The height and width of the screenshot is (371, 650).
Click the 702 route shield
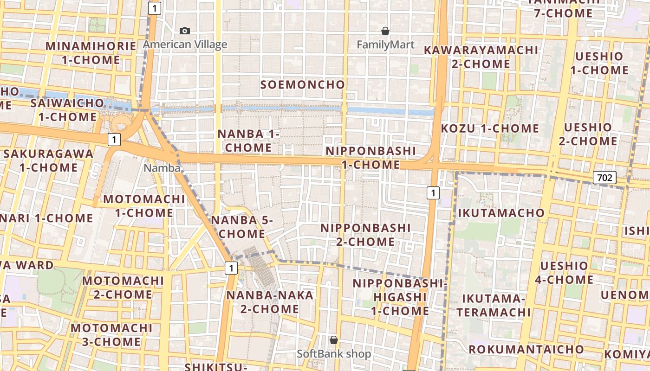(x=604, y=177)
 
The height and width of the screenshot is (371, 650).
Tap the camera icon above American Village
(x=185, y=31)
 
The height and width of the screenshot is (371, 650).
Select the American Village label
(x=185, y=45)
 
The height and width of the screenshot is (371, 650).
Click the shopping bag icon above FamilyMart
(x=385, y=31)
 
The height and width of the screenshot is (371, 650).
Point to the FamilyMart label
(x=385, y=45)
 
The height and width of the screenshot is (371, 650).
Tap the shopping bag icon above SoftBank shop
(x=333, y=340)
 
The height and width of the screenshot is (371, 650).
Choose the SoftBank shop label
(x=334, y=354)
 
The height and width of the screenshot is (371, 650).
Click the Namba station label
(x=162, y=168)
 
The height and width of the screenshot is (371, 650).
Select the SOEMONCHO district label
(x=303, y=84)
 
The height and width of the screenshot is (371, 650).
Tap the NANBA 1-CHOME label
(x=249, y=141)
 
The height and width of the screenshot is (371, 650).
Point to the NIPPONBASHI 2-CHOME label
(x=366, y=235)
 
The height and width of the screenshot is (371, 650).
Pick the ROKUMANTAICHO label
(x=526, y=349)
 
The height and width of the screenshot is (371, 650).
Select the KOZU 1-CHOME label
(x=489, y=128)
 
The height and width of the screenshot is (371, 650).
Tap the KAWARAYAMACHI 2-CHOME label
(x=481, y=57)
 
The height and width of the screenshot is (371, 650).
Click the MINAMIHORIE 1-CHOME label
(x=91, y=53)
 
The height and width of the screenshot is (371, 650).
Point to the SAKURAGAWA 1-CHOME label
(x=48, y=160)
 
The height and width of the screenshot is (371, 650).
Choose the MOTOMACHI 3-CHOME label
(x=111, y=335)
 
